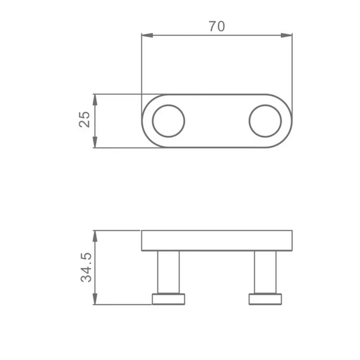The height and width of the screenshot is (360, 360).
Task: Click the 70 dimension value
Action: [x=217, y=26]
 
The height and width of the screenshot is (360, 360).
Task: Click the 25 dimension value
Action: [x=85, y=119]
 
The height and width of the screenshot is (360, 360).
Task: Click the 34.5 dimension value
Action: [x=86, y=268]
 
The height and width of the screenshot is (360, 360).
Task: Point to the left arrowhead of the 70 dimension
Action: [x=147, y=35]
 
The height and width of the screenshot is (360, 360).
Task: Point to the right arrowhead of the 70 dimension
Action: [x=287, y=35]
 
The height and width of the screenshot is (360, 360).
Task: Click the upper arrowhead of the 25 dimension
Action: [x=95, y=100]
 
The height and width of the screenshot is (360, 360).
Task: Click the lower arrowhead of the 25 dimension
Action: [x=95, y=142]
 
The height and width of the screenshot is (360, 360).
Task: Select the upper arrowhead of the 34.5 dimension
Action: [x=95, y=236]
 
